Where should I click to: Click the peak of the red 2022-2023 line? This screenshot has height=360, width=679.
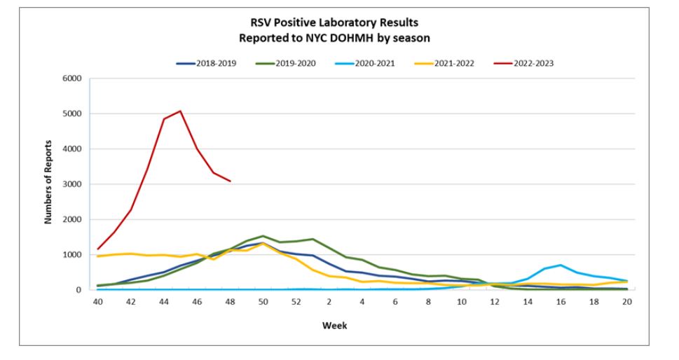coord(180,111)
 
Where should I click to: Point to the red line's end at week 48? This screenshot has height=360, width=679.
coord(230,181)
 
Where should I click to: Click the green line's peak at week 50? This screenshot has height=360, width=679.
coord(263,236)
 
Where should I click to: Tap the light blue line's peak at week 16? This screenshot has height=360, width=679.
coord(561,265)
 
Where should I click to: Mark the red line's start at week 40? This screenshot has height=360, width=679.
coord(97,249)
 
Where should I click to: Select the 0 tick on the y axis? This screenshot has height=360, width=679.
coord(79,290)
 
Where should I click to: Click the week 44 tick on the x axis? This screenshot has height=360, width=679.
coord(163,302)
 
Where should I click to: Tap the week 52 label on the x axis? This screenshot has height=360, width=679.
coord(296,302)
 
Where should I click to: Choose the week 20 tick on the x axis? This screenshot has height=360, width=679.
coord(627,302)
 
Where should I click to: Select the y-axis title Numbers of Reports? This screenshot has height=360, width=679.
coord(50,184)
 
